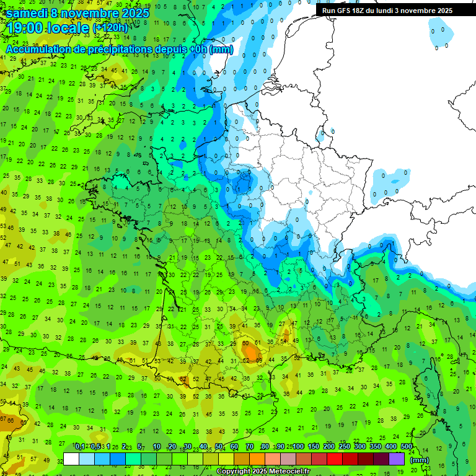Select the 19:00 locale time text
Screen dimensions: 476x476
click(x=48, y=27)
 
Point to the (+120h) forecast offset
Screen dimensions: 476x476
click(x=110, y=28)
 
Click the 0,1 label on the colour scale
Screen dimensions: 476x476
click(x=80, y=446)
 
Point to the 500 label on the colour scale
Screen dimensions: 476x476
click(x=407, y=446)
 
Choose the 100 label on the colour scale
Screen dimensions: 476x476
click(x=298, y=446)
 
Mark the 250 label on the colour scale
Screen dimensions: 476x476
click(x=345, y=446)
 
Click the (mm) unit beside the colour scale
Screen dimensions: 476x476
click(x=420, y=460)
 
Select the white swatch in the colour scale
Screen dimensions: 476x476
click(x=71, y=459)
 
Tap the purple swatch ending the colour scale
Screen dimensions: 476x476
click(x=397, y=459)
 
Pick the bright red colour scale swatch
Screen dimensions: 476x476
click(x=335, y=459)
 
